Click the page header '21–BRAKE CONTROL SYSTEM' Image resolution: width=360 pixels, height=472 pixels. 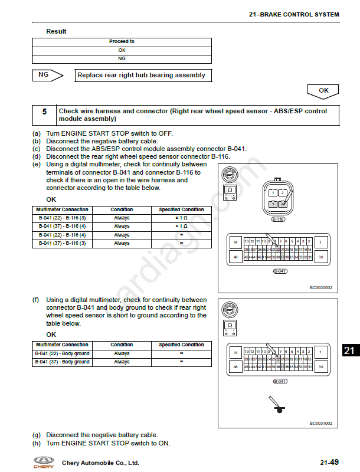[x=294, y=14]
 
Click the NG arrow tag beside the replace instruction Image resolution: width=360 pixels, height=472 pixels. [x=48, y=75]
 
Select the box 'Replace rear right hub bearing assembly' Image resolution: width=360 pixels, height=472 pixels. [x=142, y=76]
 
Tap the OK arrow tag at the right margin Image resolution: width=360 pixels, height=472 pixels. [x=323, y=91]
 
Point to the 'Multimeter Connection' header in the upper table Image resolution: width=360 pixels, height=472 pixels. [x=62, y=210]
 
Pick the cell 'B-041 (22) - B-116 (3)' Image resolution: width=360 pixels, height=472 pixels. [x=62, y=218]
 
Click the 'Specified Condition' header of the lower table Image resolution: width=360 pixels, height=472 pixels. [x=181, y=345]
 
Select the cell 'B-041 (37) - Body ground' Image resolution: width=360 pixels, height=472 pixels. [x=62, y=362]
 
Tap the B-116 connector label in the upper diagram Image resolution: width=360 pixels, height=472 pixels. [x=277, y=219]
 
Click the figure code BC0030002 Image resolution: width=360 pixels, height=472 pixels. [x=321, y=288]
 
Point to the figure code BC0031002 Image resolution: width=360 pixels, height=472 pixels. [x=321, y=423]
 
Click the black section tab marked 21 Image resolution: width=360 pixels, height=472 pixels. [x=349, y=350]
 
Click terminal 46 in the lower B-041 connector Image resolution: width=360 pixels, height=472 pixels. [x=235, y=367]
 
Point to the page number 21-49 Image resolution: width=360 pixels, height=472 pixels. [x=329, y=463]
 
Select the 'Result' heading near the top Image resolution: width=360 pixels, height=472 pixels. [x=56, y=31]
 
